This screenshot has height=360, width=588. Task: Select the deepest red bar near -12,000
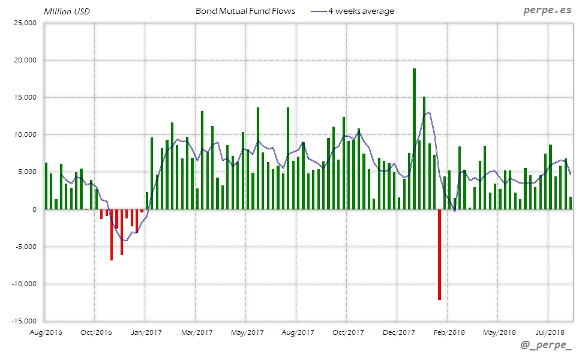click(439, 254)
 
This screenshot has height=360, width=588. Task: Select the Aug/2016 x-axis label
click(46, 332)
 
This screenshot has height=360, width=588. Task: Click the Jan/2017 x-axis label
click(146, 332)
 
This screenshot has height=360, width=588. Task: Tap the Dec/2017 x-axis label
click(398, 332)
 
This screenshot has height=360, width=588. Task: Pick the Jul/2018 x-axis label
click(550, 332)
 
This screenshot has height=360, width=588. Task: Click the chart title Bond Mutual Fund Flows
click(245, 11)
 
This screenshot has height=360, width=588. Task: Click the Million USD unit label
click(67, 11)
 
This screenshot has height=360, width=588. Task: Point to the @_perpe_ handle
click(546, 346)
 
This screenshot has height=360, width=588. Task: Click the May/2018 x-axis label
click(499, 332)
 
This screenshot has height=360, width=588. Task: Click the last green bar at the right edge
click(571, 203)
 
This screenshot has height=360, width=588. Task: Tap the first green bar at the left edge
click(46, 186)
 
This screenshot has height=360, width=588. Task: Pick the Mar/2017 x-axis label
click(197, 332)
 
